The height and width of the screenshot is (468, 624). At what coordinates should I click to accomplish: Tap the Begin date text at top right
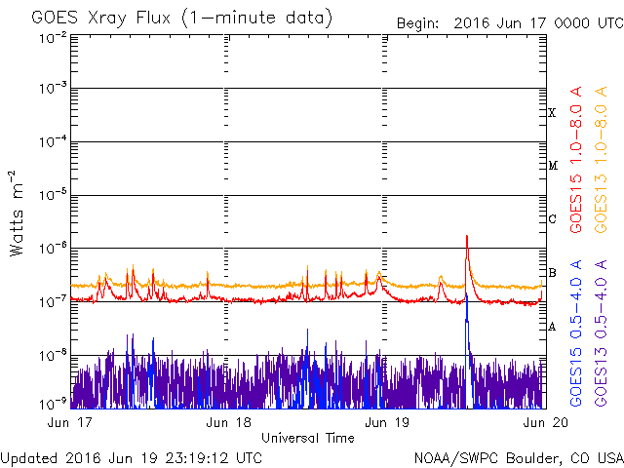pyautogui.click(x=510, y=23)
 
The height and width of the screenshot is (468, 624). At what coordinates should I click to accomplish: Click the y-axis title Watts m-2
pyautogui.click(x=17, y=214)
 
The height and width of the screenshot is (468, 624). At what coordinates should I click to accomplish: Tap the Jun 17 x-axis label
pyautogui.click(x=69, y=422)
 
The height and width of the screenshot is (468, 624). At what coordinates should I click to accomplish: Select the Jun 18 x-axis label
pyautogui.click(x=228, y=422)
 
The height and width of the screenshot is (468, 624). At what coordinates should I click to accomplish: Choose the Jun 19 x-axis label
pyautogui.click(x=387, y=422)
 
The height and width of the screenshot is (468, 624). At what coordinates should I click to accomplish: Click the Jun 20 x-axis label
pyautogui.click(x=546, y=422)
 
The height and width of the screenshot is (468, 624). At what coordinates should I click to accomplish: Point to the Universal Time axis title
pyautogui.click(x=308, y=438)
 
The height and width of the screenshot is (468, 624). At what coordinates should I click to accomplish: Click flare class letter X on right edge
pyautogui.click(x=552, y=113)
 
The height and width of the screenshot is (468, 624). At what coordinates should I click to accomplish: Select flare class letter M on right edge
pyautogui.click(x=553, y=166)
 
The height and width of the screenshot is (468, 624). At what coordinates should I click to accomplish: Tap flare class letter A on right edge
pyautogui.click(x=552, y=328)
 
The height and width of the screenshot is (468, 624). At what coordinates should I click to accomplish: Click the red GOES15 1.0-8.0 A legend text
pyautogui.click(x=576, y=159)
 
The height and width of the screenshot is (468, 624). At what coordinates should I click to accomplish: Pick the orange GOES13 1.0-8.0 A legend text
pyautogui.click(x=601, y=159)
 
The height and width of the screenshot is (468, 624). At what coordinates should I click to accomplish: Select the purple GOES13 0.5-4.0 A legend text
pyautogui.click(x=601, y=332)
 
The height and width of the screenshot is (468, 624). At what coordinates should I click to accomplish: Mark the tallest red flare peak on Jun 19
pyautogui.click(x=467, y=236)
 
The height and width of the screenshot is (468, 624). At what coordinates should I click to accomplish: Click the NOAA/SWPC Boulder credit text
pyautogui.click(x=519, y=458)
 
